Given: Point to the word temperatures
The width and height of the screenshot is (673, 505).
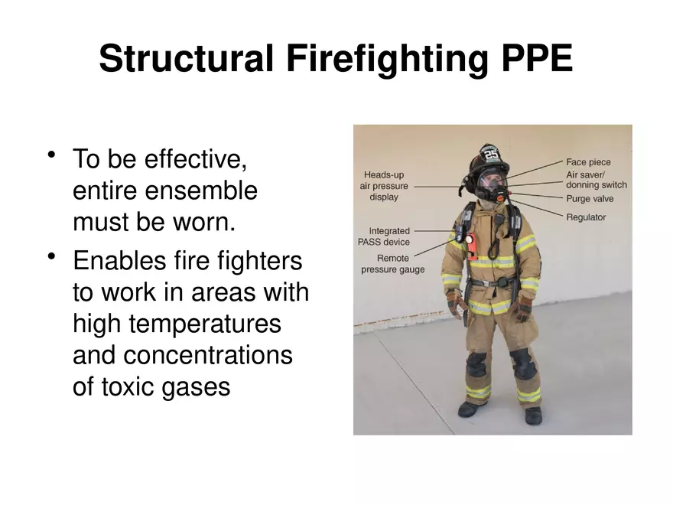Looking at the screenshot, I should pos(177,324).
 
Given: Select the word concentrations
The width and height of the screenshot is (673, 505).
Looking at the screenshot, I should pos(208,355).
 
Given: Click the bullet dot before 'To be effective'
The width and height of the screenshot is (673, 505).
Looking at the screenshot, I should pos(52,155).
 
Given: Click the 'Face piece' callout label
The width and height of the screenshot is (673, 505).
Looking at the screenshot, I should pos(588,162).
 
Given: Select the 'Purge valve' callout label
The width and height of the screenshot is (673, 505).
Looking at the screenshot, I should pos(590,199).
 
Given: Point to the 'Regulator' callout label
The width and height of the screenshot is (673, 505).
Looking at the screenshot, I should pos(586,217).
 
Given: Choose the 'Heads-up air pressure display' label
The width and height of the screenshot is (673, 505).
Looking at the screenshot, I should pos(384,186).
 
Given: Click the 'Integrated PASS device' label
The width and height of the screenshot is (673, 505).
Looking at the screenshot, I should pos(389,236).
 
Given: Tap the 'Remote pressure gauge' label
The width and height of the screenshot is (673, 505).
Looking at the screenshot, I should pos(392,264).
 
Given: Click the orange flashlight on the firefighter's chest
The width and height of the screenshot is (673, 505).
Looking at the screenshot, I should pos(471,245).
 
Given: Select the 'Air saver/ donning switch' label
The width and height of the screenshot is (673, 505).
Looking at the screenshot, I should pos(596,180).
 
